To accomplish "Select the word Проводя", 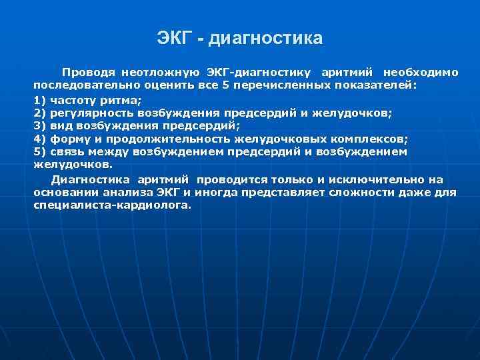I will (x=88, y=72).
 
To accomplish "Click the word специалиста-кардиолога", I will (x=111, y=205).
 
